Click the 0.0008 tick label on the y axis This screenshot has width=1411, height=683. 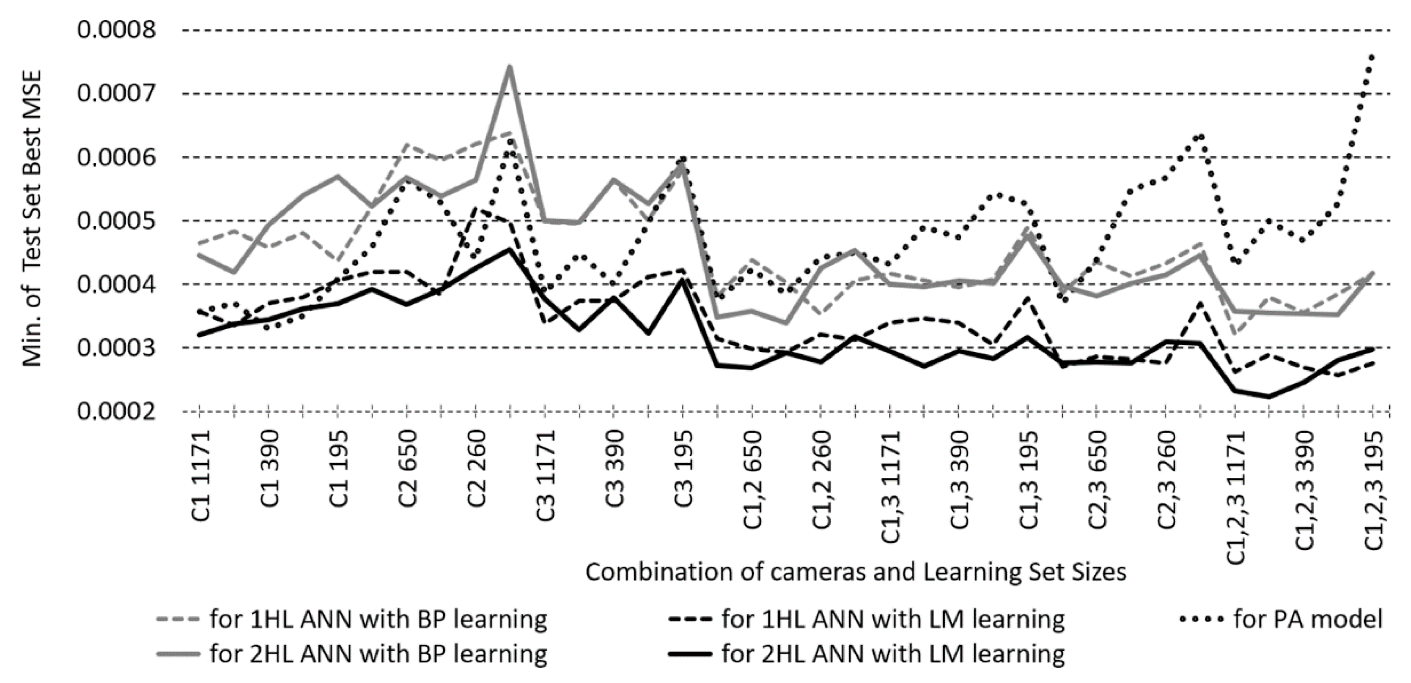point(116,30)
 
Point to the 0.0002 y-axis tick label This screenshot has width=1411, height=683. point(116,411)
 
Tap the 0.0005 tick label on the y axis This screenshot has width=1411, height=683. point(116,221)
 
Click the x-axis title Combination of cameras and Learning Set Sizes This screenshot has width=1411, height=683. point(855,572)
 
